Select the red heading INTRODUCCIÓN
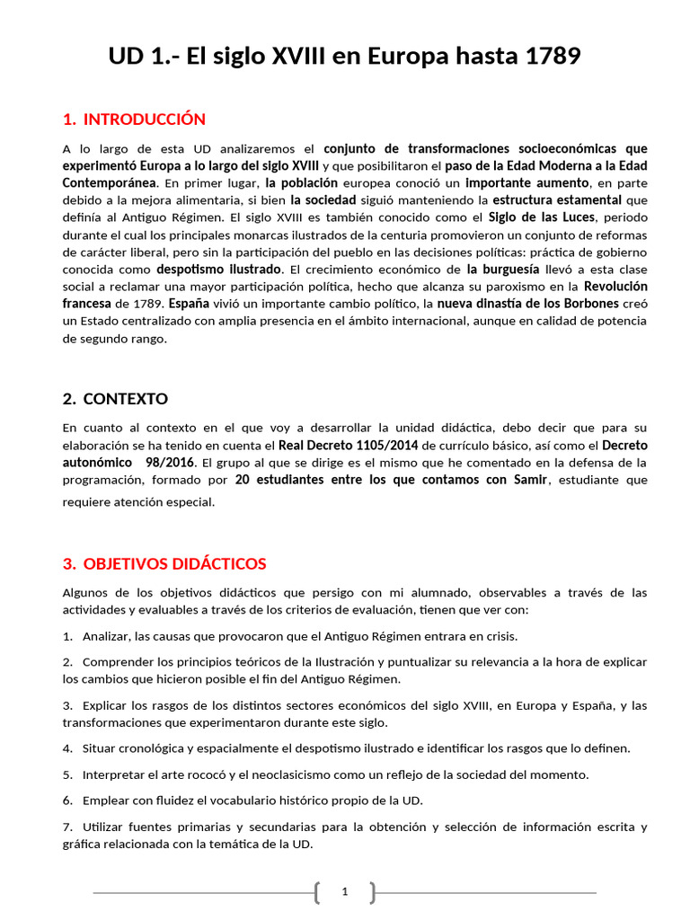tap(144, 119)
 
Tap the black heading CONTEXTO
tap(125, 398)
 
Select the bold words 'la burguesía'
tap(502, 269)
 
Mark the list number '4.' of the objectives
tap(68, 747)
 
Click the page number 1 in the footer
tap(344, 892)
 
